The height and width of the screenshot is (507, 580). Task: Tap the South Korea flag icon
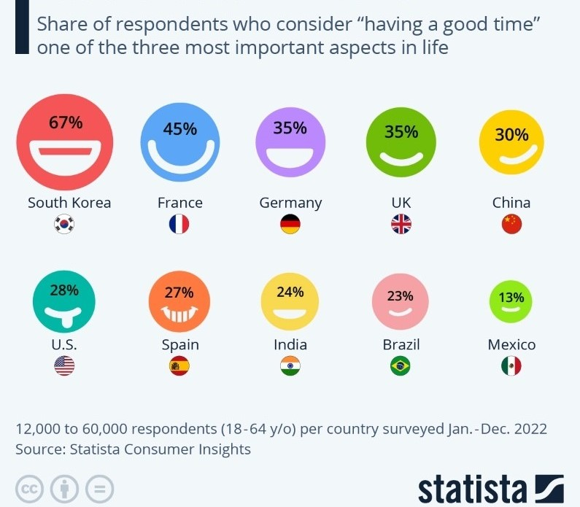coord(64,225)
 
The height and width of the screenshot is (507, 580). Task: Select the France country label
coord(180,203)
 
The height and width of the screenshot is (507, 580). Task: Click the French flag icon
coord(179,225)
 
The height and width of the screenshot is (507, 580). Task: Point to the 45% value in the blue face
coord(180,129)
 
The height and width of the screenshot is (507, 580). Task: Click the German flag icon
coord(290,225)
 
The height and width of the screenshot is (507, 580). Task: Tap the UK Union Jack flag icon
coord(401,225)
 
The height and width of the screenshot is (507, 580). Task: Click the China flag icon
coord(512,225)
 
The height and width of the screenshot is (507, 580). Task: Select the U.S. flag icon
coord(64,367)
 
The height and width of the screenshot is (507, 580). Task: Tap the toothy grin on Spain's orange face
coord(179,316)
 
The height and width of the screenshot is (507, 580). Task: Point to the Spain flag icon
coord(179,367)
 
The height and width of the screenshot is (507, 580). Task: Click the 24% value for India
coord(290,292)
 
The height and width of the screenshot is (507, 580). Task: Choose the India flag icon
coord(290,367)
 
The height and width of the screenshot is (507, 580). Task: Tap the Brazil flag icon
coord(401,367)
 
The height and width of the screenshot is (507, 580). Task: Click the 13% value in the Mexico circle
coord(511,297)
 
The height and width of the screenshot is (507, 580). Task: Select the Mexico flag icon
coord(511,367)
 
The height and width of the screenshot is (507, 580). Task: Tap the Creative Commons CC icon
coord(30,488)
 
